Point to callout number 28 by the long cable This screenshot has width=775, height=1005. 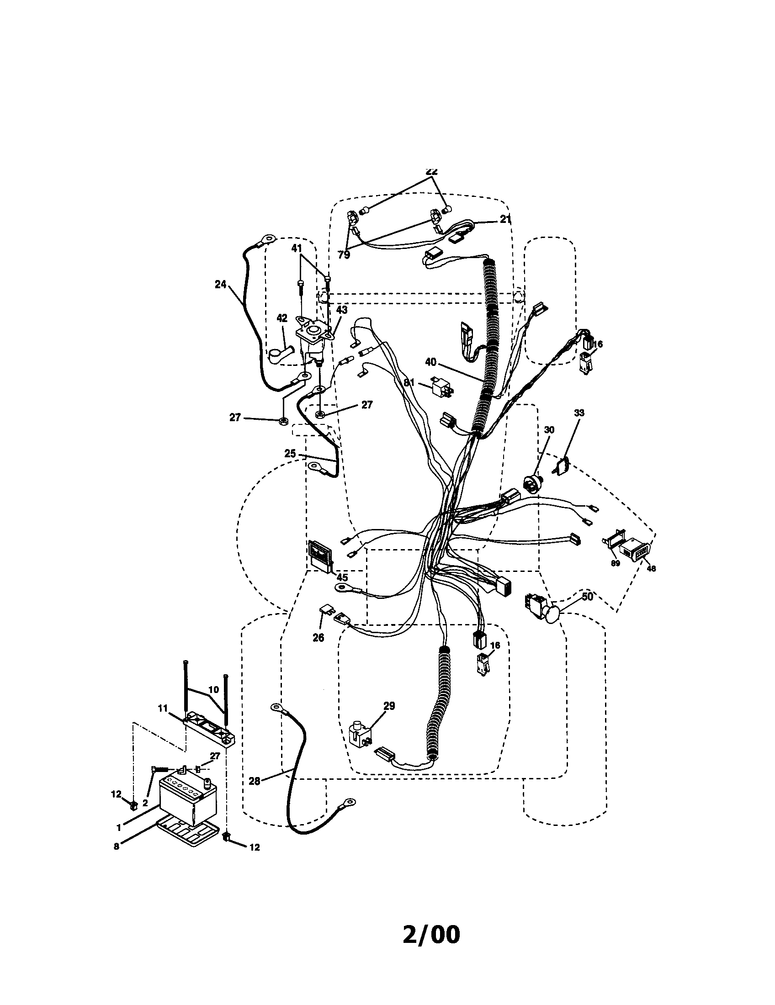(x=254, y=781)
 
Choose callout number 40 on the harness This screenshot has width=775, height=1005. (x=430, y=362)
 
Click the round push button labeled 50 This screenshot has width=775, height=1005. (x=551, y=614)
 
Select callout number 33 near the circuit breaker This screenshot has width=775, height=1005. (x=579, y=413)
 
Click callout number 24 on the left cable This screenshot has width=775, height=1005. (x=220, y=285)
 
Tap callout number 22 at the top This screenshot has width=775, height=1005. (x=431, y=171)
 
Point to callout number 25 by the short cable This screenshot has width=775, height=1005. (x=290, y=453)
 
